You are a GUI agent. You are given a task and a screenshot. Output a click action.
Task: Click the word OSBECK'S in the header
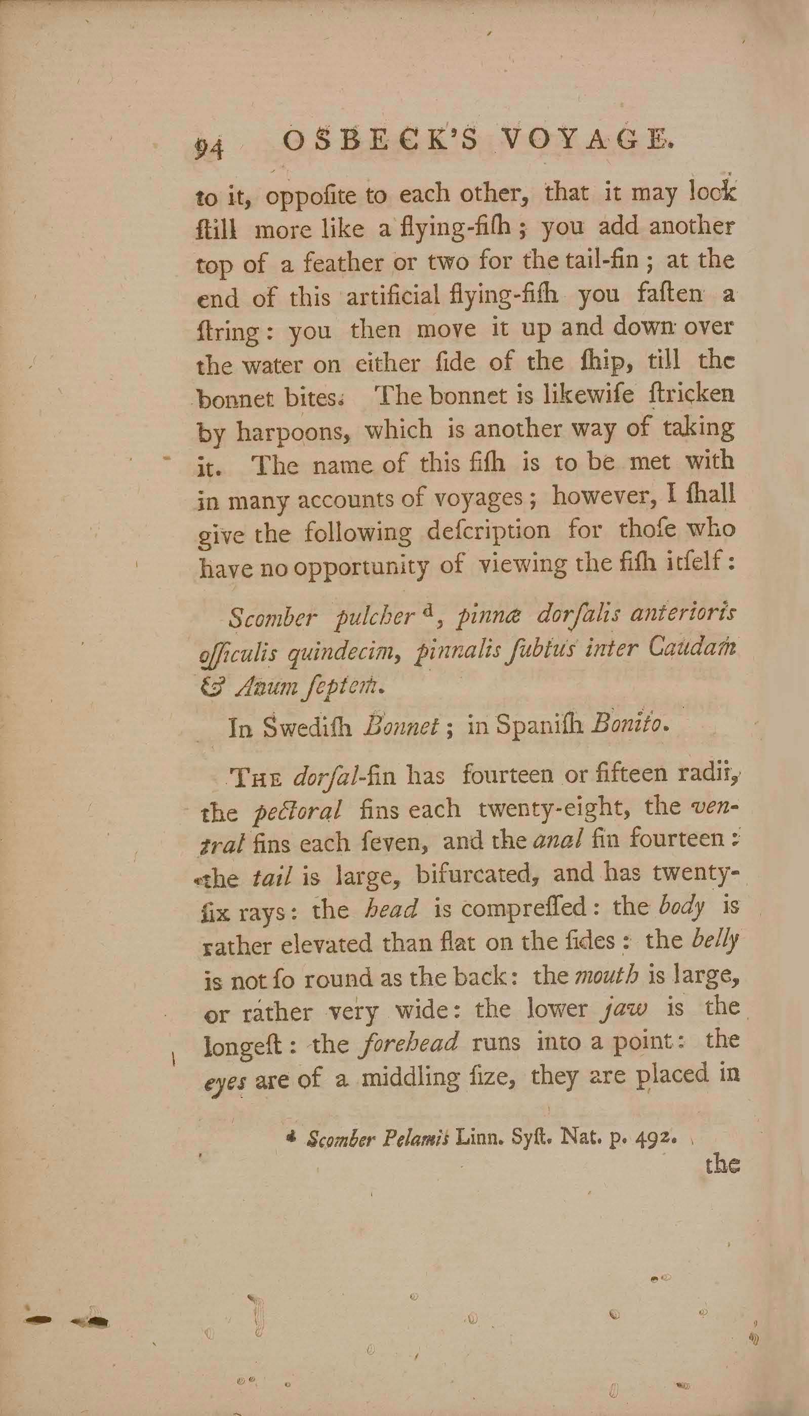click(x=380, y=143)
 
